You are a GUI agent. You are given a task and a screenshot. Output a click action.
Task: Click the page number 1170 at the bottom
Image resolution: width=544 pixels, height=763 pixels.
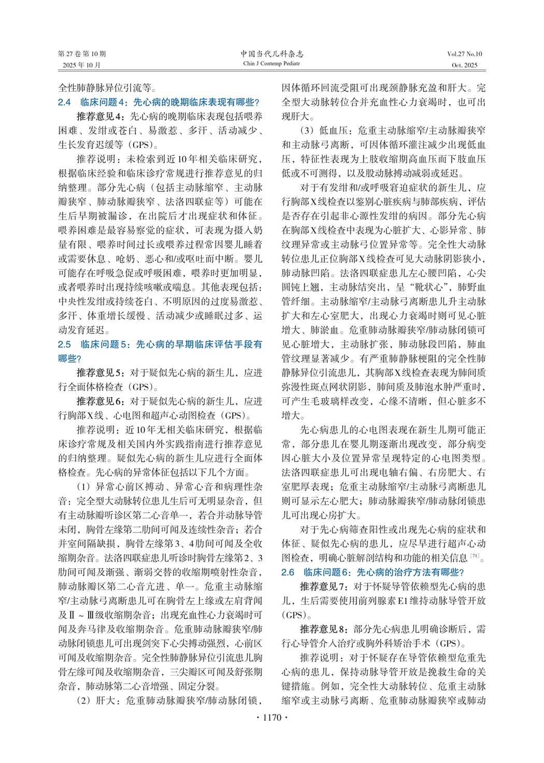(x=272, y=717)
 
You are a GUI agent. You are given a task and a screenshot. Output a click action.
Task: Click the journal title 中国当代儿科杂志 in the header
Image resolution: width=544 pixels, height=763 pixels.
(x=271, y=54)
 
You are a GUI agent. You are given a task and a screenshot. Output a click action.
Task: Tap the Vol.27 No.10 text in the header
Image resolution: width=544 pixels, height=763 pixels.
(x=464, y=54)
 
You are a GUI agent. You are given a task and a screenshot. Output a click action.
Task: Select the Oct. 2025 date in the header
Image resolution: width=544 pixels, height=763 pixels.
(x=464, y=65)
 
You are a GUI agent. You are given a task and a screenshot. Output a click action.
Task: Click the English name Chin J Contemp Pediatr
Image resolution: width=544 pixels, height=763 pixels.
(x=271, y=64)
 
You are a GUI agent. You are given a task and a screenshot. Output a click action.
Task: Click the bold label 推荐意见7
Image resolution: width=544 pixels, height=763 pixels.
(x=324, y=587)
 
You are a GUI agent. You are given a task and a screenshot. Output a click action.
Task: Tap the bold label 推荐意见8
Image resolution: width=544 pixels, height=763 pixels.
(x=324, y=629)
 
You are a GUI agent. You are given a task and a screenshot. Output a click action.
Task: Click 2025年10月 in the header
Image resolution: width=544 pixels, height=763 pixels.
(x=82, y=65)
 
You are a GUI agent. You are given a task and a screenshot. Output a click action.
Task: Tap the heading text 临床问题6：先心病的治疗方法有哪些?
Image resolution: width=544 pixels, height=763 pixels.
(x=384, y=572)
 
